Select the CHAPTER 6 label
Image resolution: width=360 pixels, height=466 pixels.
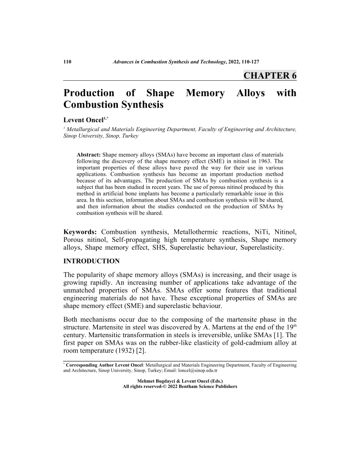[270, 75]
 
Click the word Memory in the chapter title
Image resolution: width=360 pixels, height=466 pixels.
[205, 94]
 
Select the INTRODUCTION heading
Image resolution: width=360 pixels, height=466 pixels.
[91, 261]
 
